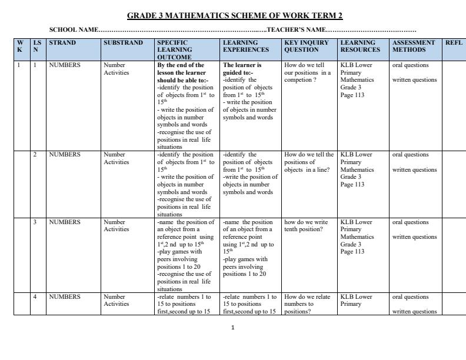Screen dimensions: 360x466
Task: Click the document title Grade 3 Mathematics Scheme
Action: coord(235,15)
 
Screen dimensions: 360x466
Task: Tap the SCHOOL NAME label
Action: coord(73,29)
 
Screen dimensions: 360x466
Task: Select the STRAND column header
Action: coord(62,43)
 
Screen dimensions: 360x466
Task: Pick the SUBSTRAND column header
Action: coord(123,43)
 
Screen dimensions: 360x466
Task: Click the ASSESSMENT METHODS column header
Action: coord(414,46)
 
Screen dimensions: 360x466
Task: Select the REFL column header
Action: coord(454,43)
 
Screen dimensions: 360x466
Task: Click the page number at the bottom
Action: coord(233,327)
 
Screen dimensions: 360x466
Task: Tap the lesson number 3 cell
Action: coord(35,222)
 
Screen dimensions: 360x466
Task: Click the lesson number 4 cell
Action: coord(35,297)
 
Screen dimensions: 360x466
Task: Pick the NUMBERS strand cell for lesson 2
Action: coord(65,155)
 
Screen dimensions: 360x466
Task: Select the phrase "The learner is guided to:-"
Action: coord(242,69)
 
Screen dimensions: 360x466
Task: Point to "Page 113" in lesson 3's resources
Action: coord(352,252)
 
